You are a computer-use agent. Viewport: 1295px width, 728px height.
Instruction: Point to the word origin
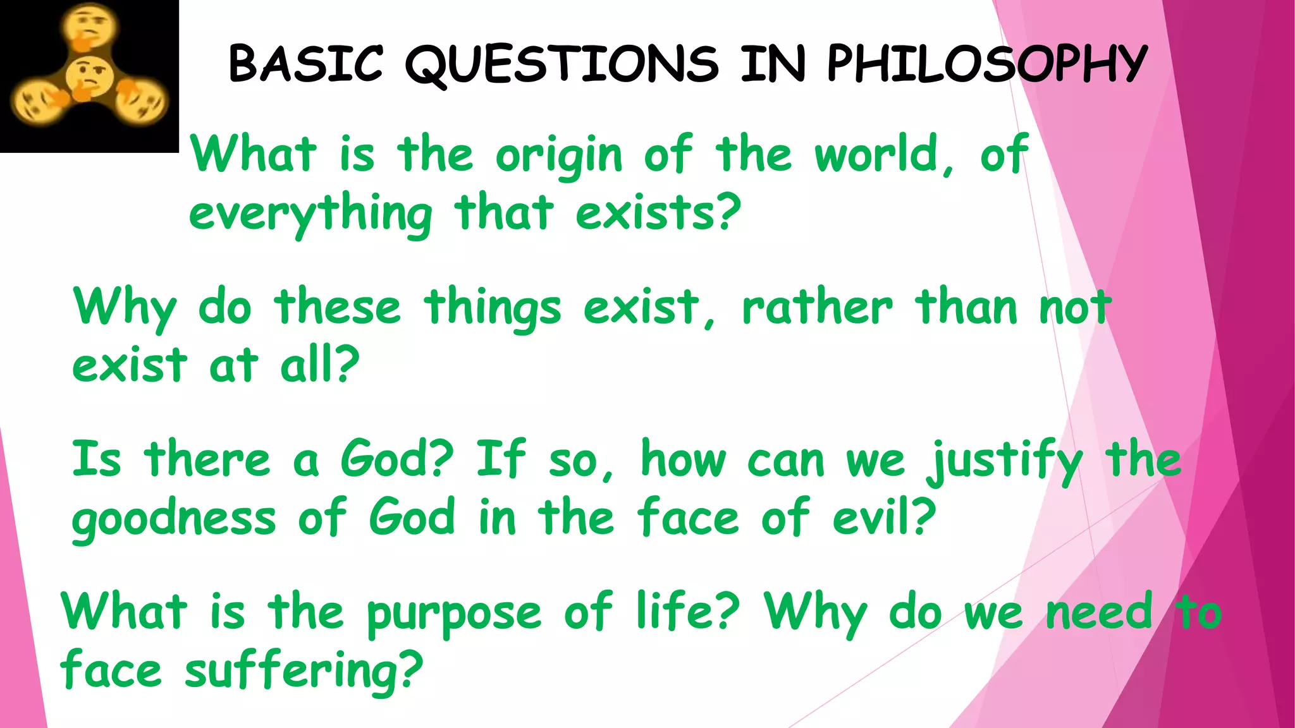pyautogui.click(x=559, y=156)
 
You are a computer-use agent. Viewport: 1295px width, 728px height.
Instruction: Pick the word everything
pyautogui.click(x=310, y=215)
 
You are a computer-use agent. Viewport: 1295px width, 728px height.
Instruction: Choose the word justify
pyautogui.click(x=1005, y=462)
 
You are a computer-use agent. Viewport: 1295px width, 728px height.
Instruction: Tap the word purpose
pyautogui.click(x=454, y=614)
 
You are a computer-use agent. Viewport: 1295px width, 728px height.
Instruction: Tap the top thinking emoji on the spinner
pyautogui.click(x=89, y=24)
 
